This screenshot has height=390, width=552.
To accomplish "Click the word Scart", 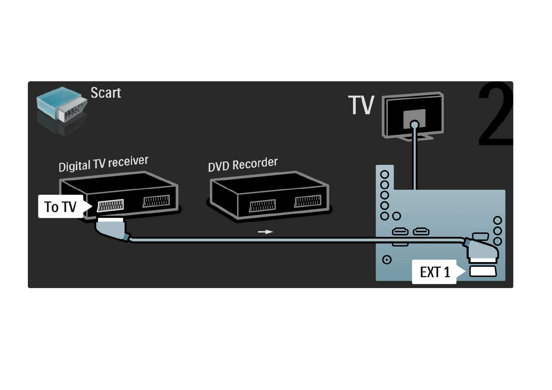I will (x=106, y=93).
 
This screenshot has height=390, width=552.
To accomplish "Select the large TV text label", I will (x=361, y=105).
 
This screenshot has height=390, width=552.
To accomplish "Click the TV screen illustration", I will (x=413, y=115).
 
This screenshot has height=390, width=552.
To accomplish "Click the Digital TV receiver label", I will (x=103, y=164).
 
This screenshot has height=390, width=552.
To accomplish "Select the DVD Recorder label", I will (x=243, y=165).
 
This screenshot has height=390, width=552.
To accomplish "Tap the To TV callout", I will (x=61, y=207).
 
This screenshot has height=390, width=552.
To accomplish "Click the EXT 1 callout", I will (x=435, y=272).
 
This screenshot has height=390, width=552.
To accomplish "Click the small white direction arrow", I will (x=265, y=232).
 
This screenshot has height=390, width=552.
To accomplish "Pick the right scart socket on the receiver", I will (x=156, y=201).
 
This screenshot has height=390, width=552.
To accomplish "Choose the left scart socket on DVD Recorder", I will (x=262, y=205).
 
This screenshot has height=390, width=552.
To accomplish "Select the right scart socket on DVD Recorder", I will (x=307, y=201).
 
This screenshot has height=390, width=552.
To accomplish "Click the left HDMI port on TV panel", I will (x=400, y=232).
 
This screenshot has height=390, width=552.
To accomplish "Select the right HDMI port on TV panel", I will (x=421, y=232).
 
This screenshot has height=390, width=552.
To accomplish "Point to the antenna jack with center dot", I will (x=387, y=260).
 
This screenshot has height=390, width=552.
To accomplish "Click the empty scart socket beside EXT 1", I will (x=483, y=272).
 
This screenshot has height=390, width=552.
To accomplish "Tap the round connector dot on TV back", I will (x=414, y=125).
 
